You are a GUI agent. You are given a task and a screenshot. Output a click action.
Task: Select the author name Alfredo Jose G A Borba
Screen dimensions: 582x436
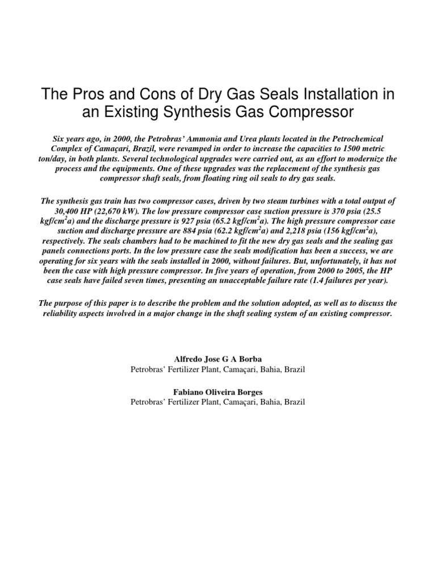[218, 360]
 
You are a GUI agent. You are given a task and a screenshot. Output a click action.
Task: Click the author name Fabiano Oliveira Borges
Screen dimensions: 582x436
[218, 392]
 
